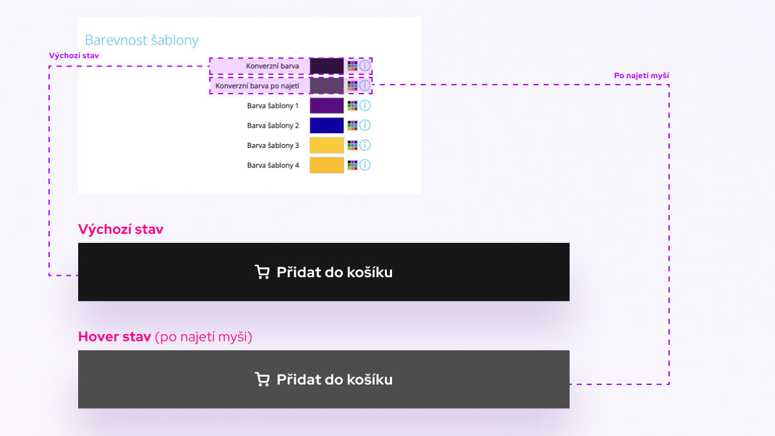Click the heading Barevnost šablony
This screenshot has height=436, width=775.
(x=141, y=40)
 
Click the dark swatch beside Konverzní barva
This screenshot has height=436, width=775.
(x=327, y=66)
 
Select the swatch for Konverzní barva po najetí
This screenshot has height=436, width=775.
(x=327, y=85)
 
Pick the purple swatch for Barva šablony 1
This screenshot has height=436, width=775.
(x=327, y=105)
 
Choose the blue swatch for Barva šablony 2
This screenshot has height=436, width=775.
(x=327, y=125)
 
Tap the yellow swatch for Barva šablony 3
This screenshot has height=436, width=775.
(x=327, y=145)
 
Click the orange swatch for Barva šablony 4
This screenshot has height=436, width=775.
(x=327, y=165)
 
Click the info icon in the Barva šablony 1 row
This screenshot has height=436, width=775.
(x=365, y=105)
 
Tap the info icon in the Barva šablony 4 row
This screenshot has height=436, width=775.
(x=365, y=165)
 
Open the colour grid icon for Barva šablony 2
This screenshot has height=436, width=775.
(x=353, y=125)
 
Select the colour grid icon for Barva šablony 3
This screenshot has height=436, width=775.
(x=353, y=145)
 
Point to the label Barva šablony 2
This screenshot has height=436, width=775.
(x=273, y=125)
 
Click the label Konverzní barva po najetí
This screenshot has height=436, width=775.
(x=258, y=86)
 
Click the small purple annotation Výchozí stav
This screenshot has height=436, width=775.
(x=74, y=56)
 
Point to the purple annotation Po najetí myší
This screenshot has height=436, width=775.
(x=641, y=76)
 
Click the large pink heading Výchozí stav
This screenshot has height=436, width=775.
(x=121, y=229)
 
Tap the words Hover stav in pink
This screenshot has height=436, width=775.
(x=114, y=337)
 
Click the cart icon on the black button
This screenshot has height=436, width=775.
(x=262, y=272)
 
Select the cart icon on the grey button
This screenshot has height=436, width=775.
(x=262, y=379)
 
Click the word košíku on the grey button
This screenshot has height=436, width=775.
(x=370, y=380)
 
